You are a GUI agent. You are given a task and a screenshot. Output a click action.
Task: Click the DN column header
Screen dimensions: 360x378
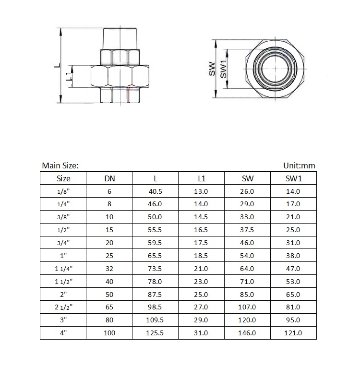coord(109,178)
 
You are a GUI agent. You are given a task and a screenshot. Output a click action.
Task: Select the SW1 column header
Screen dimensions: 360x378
coord(293,178)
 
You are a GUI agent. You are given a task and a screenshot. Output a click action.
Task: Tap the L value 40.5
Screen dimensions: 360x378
coord(155,191)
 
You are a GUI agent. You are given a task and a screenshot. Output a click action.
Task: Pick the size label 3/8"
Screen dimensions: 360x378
coord(63,217)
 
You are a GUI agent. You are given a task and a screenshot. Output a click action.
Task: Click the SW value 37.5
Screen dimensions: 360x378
coord(247,230)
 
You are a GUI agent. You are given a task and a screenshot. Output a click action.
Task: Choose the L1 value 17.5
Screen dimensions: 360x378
coord(201,243)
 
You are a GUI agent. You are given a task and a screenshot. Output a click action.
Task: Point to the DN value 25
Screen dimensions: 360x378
coord(109,256)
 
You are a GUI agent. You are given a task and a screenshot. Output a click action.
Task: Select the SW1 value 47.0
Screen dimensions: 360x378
coord(293,269)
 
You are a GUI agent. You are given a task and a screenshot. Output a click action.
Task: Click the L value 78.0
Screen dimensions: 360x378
coord(155,282)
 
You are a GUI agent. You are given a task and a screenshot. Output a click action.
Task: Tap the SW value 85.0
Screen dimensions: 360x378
coord(247,295)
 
